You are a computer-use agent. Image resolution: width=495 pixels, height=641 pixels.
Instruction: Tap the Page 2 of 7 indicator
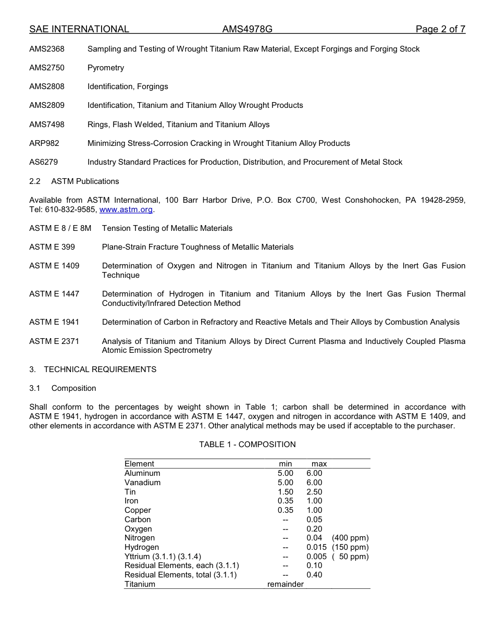(440, 29)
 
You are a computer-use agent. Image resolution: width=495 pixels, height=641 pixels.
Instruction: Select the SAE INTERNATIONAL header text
(79, 29)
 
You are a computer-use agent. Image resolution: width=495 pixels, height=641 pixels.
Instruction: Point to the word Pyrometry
(106, 68)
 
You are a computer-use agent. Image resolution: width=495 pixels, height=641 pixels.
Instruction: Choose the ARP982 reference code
(44, 143)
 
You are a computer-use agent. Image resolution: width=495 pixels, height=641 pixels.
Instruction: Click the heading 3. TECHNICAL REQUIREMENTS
(93, 369)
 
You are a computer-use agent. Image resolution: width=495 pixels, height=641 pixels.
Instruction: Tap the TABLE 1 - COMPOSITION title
(247, 445)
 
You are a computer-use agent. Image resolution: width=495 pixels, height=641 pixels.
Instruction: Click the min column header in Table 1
(286, 464)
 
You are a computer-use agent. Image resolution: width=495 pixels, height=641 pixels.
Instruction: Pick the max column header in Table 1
(319, 464)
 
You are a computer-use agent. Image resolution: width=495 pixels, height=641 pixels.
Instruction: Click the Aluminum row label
(142, 473)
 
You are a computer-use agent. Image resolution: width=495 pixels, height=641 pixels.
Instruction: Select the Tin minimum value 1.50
(286, 492)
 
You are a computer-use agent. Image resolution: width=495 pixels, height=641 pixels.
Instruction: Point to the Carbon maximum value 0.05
(314, 520)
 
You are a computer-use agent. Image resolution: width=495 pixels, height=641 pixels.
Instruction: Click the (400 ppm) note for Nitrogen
(350, 538)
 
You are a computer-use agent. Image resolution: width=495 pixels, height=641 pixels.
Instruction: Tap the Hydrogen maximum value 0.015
(316, 547)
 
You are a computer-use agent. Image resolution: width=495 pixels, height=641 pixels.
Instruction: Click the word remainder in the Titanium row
(286, 584)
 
